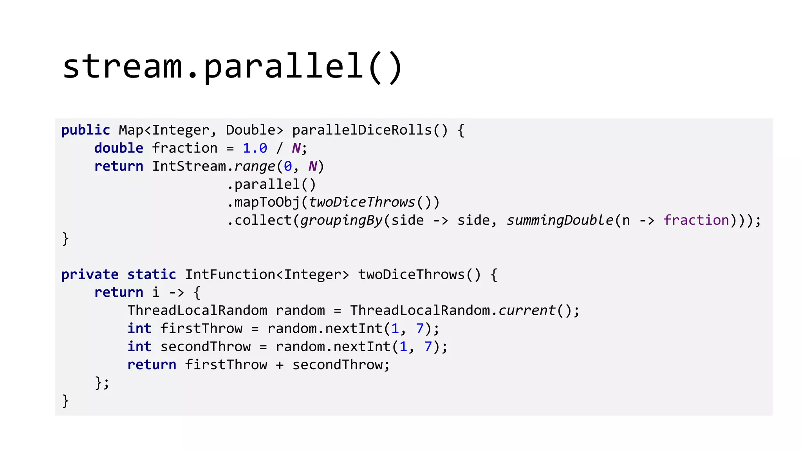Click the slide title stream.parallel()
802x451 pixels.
tap(233, 67)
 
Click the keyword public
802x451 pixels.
tap(86, 130)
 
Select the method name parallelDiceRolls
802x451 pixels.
tap(361, 130)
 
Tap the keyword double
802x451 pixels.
tap(119, 148)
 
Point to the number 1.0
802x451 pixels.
tap(255, 148)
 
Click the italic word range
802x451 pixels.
tap(255, 166)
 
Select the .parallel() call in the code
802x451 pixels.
tap(271, 184)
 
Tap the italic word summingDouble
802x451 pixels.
tap(560, 220)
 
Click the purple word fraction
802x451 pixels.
tap(696, 220)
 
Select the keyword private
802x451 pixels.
tap(90, 274)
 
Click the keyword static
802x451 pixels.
tap(152, 274)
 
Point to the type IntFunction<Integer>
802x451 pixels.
tap(267, 274)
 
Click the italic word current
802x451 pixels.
tap(527, 310)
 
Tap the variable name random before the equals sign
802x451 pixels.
tap(300, 310)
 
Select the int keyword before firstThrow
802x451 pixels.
tap(139, 328)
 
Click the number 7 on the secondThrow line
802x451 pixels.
tap(428, 346)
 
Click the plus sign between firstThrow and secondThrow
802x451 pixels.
tap(280, 365)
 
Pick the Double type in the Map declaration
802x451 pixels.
tap(251, 130)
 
